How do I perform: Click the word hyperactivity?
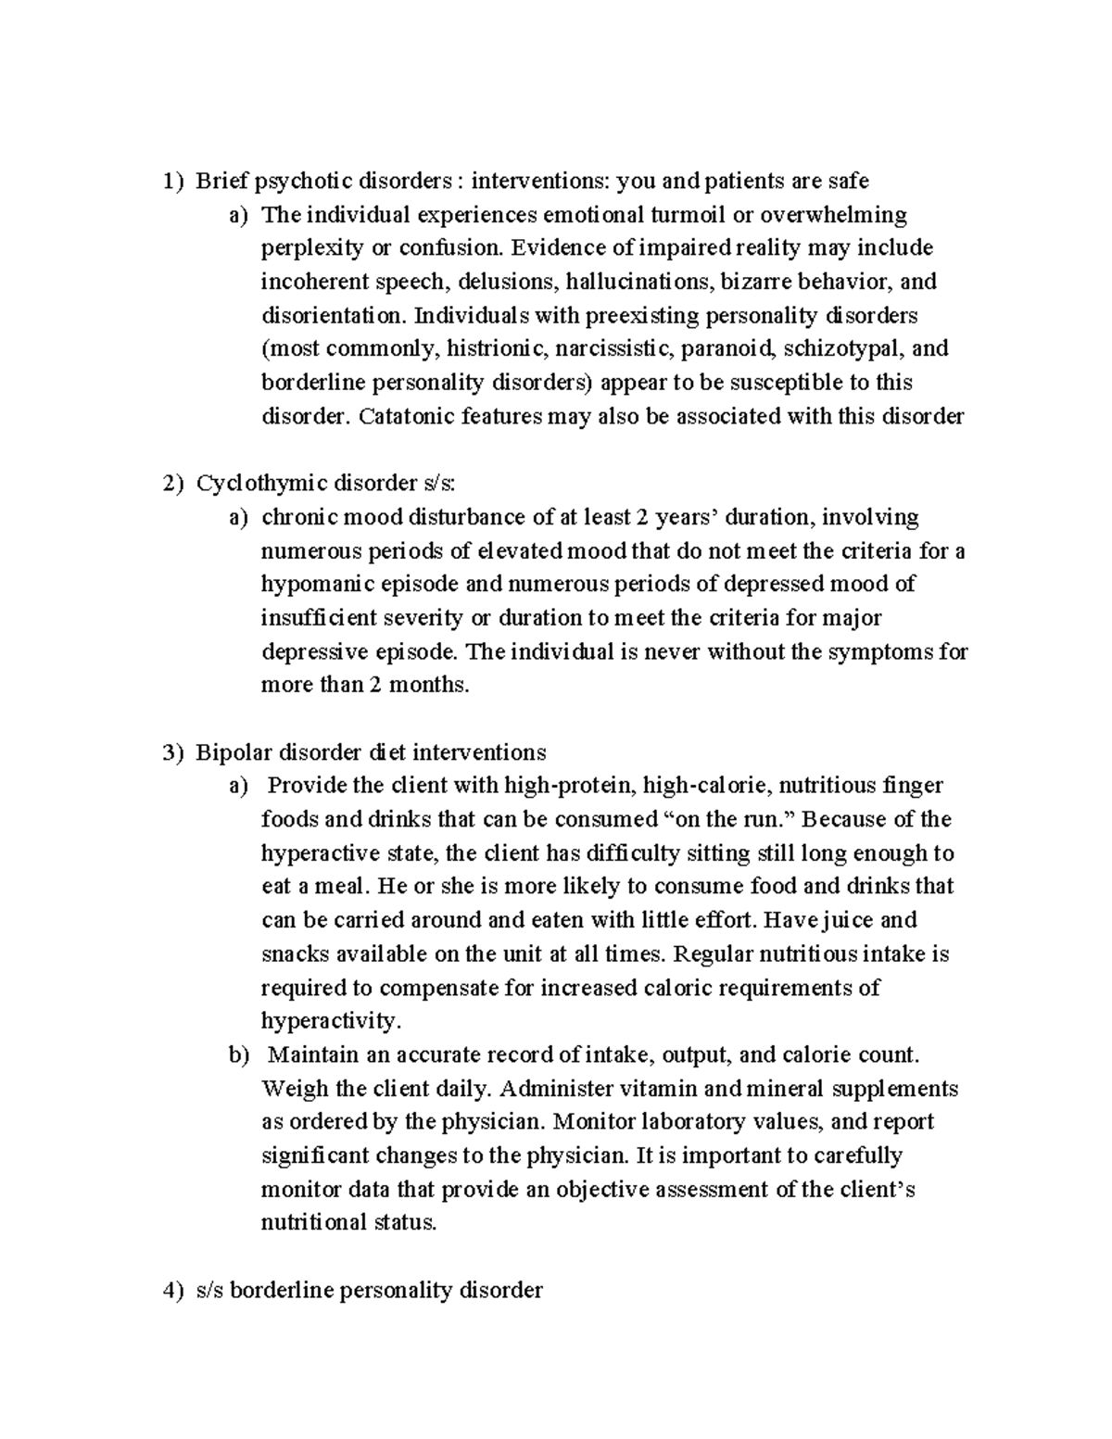pos(332,1021)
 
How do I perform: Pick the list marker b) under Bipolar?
pos(239,1054)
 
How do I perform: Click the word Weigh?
pos(290,1089)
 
